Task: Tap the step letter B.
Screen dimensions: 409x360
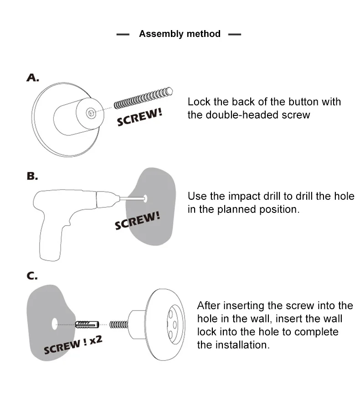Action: pos(32,176)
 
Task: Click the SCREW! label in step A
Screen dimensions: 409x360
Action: pos(139,117)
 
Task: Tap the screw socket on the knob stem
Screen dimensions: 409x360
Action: pos(92,111)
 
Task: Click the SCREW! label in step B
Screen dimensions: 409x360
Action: pos(137,221)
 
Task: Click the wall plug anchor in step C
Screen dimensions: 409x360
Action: pos(86,324)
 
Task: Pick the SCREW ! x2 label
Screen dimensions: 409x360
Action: pos(72,344)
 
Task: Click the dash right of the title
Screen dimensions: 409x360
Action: pos(234,34)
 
